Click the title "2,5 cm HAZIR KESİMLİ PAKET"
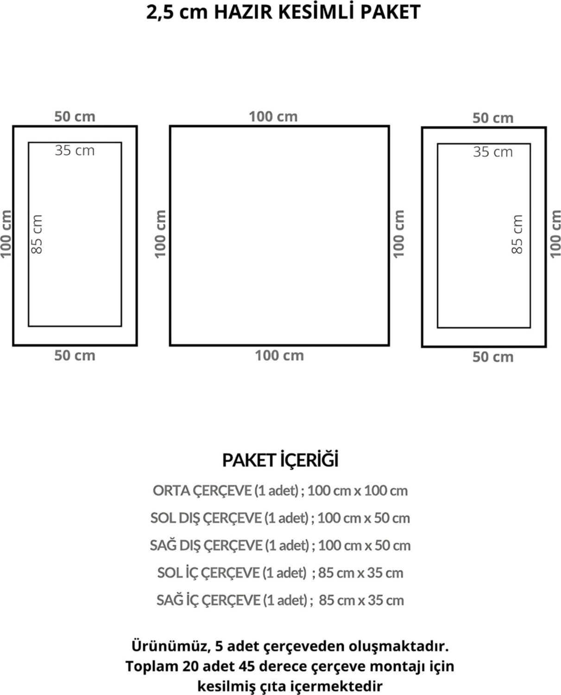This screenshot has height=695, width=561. [x=283, y=13]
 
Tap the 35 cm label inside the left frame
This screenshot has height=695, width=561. [x=75, y=151]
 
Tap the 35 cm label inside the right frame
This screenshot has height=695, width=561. [x=493, y=152]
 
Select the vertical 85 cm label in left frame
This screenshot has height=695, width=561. [x=37, y=234]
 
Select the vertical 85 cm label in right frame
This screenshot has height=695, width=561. [x=517, y=234]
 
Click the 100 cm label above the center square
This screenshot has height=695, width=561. [x=273, y=116]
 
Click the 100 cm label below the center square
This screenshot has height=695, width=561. [x=279, y=355]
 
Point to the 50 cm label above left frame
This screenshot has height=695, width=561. [x=75, y=116]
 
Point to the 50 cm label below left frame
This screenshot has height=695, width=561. [x=75, y=355]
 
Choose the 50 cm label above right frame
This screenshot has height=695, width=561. [x=493, y=118]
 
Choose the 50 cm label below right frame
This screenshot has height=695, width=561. [x=493, y=357]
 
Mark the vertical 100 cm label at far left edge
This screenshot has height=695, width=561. [x=6, y=234]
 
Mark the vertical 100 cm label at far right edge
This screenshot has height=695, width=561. [x=555, y=234]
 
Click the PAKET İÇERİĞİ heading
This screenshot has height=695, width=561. [x=280, y=460]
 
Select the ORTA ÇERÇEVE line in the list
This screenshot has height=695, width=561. [x=280, y=490]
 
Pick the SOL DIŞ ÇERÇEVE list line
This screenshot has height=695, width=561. [x=280, y=518]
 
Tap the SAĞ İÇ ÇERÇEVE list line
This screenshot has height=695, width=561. [x=280, y=600]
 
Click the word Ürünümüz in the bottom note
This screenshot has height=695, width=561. [x=170, y=646]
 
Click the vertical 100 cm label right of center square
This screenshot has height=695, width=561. [x=398, y=234]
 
